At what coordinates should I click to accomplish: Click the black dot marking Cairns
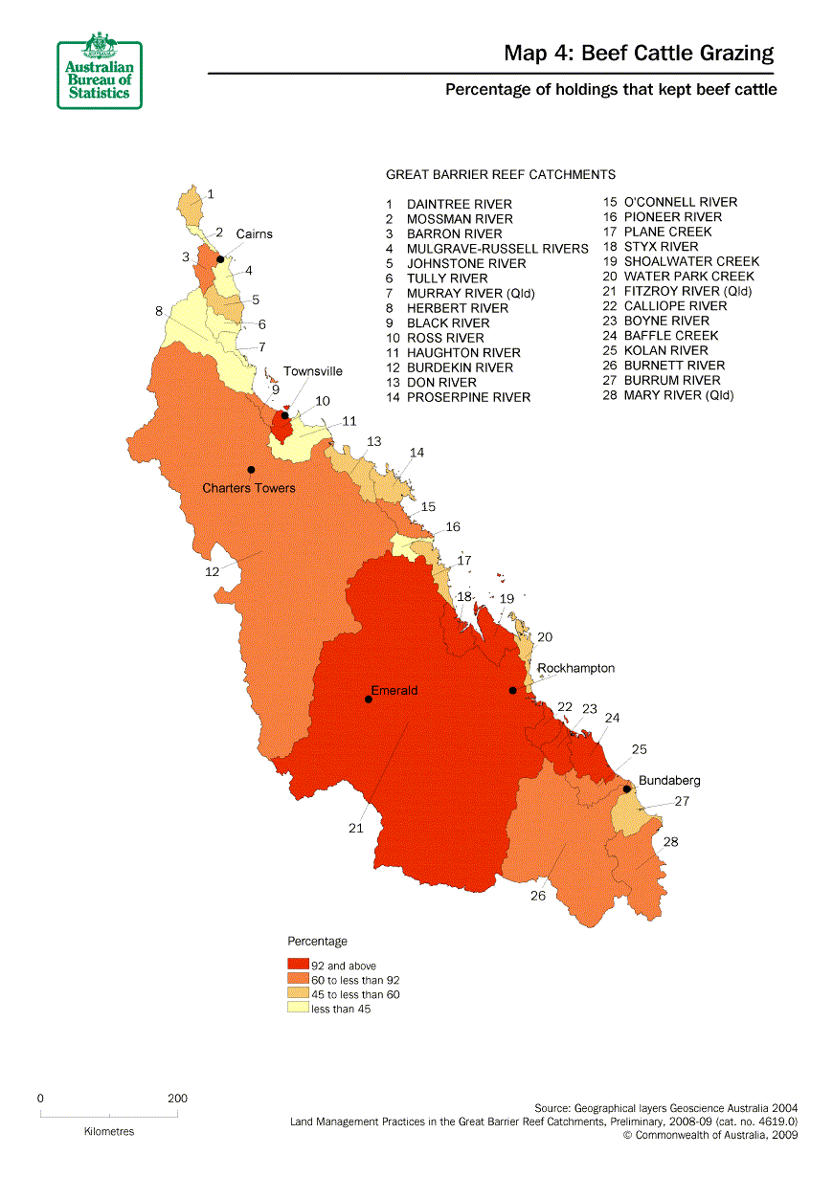pyautogui.click(x=220, y=258)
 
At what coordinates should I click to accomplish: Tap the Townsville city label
pyautogui.click(x=312, y=371)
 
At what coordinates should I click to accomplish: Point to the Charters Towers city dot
pyautogui.click(x=251, y=469)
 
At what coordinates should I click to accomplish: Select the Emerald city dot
pyautogui.click(x=369, y=700)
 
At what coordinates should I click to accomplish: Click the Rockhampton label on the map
pyautogui.click(x=576, y=668)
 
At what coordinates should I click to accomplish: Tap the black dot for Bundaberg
pyautogui.click(x=626, y=789)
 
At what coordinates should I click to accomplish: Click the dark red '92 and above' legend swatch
pyautogui.click(x=298, y=966)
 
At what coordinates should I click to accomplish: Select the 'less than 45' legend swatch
pyautogui.click(x=298, y=1009)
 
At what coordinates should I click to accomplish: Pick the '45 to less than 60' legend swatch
pyautogui.click(x=298, y=994)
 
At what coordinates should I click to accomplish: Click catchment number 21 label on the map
pyautogui.click(x=356, y=829)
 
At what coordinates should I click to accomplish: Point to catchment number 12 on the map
pyautogui.click(x=212, y=571)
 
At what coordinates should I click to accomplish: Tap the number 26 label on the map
pyautogui.click(x=538, y=896)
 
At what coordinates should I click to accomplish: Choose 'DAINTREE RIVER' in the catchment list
pyautogui.click(x=459, y=204)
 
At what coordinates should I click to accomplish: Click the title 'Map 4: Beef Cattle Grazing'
pyautogui.click(x=639, y=54)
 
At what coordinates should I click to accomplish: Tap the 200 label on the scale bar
pyautogui.click(x=177, y=1099)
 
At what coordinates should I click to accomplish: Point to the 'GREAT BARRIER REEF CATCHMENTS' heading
pyautogui.click(x=500, y=174)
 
